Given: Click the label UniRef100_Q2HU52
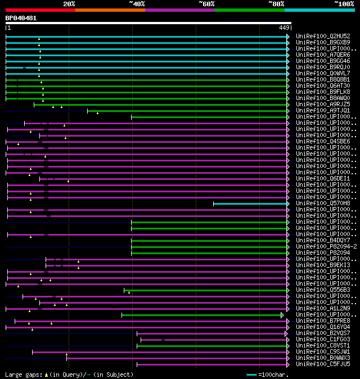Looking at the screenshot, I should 322,37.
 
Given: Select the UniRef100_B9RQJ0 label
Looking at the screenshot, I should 322,67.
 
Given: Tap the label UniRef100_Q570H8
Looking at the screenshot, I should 322,204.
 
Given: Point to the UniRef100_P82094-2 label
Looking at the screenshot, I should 325,247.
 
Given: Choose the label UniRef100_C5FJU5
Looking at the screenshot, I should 322,364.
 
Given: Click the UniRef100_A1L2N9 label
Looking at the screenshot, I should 322,309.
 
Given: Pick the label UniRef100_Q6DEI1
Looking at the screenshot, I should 322,179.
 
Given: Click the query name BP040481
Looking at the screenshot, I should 21,18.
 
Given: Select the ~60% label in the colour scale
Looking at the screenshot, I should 206,4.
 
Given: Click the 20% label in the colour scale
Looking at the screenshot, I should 69,4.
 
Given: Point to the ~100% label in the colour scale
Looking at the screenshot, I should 344,4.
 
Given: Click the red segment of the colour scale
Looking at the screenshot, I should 40,10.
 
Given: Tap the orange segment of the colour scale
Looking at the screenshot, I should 110,10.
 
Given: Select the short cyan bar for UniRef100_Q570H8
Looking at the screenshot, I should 250,204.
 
